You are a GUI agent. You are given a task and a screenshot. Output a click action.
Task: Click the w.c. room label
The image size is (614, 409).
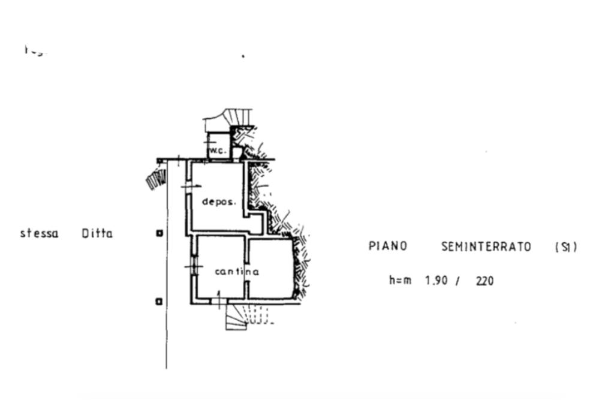(x=218, y=151)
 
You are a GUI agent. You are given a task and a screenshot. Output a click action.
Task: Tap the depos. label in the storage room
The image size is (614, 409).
(x=219, y=202)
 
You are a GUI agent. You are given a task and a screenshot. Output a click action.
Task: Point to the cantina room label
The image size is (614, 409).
(x=237, y=272)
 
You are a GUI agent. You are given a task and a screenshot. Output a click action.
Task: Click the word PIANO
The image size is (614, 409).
(x=387, y=246)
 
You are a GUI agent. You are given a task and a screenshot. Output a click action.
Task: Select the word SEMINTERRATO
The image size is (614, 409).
(x=486, y=246)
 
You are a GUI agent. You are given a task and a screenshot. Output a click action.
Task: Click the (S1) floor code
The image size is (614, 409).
(x=565, y=246)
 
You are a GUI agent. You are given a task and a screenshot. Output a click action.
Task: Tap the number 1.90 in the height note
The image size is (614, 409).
(x=436, y=280)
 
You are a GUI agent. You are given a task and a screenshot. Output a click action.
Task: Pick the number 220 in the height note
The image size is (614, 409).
(x=484, y=280)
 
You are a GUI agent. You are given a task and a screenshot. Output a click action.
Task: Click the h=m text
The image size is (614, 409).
(x=400, y=280)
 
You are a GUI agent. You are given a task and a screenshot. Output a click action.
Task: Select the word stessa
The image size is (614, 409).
(x=39, y=233)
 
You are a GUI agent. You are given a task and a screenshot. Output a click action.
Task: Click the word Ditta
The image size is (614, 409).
(x=97, y=233)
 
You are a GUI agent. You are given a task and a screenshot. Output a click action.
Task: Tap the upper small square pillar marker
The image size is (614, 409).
(x=159, y=233)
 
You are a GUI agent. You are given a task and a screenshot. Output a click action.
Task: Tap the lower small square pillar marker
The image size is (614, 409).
(x=159, y=301)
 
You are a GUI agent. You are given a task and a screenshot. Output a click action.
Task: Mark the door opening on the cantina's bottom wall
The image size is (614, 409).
(x=219, y=300)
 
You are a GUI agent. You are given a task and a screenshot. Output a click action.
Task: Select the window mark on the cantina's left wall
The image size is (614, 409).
(x=193, y=265)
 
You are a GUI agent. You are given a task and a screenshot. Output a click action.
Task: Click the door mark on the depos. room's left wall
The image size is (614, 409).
(x=190, y=187)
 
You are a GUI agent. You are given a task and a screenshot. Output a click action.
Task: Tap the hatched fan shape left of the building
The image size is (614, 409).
(x=157, y=178)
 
